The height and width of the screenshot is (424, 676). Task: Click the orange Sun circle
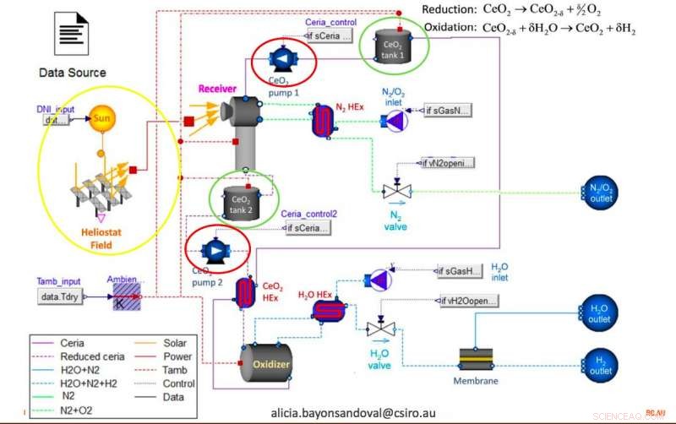pos(101,119)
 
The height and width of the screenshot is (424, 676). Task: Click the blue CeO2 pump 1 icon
pos(280,57)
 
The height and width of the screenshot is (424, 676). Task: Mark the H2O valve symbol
pos(379,328)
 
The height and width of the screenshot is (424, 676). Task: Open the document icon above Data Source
pos(72,34)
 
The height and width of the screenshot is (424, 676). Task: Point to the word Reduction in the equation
pos(447,10)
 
